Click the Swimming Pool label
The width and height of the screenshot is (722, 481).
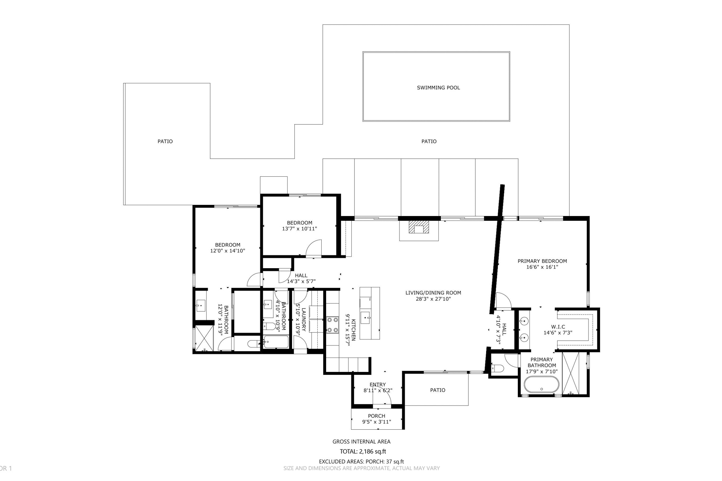point(438,87)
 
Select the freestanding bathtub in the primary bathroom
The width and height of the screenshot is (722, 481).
point(541,386)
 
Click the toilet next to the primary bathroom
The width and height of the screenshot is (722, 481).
point(498,368)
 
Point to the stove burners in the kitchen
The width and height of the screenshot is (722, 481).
point(333,325)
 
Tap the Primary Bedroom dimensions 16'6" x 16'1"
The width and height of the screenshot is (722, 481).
point(542,267)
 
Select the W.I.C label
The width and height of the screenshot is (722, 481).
point(558,327)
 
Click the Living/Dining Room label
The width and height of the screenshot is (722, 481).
point(433,293)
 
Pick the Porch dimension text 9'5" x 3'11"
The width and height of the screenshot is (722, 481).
point(377,422)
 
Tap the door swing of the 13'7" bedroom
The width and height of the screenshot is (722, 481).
point(314,248)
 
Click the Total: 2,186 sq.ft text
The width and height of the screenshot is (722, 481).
point(363,451)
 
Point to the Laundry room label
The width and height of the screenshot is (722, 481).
point(304,319)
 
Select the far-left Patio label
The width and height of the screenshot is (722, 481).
point(165,141)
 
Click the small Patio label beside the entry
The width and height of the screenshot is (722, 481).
point(438,390)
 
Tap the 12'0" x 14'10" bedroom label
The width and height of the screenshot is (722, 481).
point(227,248)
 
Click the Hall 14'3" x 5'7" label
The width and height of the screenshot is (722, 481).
point(301,278)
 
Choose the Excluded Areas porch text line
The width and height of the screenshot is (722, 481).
point(361,462)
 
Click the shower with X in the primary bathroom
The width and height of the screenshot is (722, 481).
point(574,373)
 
